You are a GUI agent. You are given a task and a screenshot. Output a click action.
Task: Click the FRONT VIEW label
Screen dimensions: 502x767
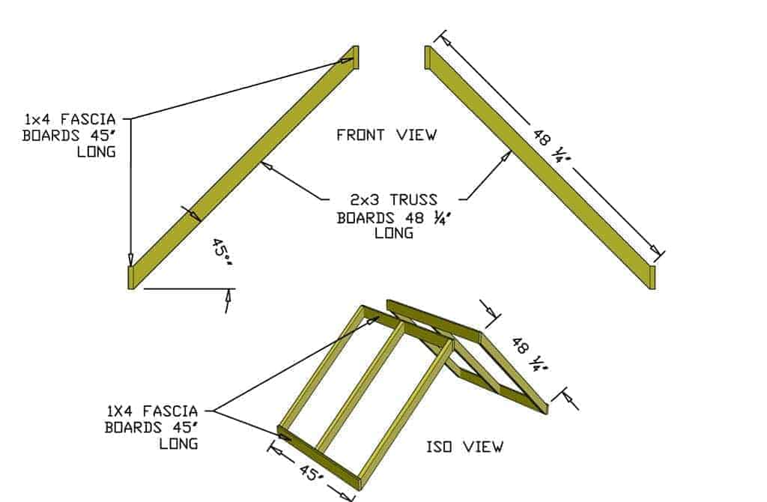(x=386, y=135)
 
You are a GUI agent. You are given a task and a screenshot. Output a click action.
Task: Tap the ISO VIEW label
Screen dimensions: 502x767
(x=464, y=447)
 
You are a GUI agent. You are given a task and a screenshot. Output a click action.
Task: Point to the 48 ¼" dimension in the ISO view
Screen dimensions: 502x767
(x=530, y=354)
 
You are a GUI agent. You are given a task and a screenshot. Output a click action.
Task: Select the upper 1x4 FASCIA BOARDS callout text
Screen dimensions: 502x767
(x=70, y=135)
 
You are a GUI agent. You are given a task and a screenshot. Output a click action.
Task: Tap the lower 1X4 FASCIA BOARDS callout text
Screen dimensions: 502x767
(x=151, y=427)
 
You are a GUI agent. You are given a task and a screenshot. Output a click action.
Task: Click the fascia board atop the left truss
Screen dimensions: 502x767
(x=355, y=57)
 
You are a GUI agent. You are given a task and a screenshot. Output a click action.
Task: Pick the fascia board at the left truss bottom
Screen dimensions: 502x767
(x=131, y=276)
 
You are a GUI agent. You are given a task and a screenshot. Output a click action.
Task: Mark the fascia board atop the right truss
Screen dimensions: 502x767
(x=428, y=58)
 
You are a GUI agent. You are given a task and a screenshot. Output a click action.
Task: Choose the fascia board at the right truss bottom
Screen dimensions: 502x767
(x=652, y=276)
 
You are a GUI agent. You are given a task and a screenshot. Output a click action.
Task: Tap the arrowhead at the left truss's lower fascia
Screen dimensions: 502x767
(x=131, y=259)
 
